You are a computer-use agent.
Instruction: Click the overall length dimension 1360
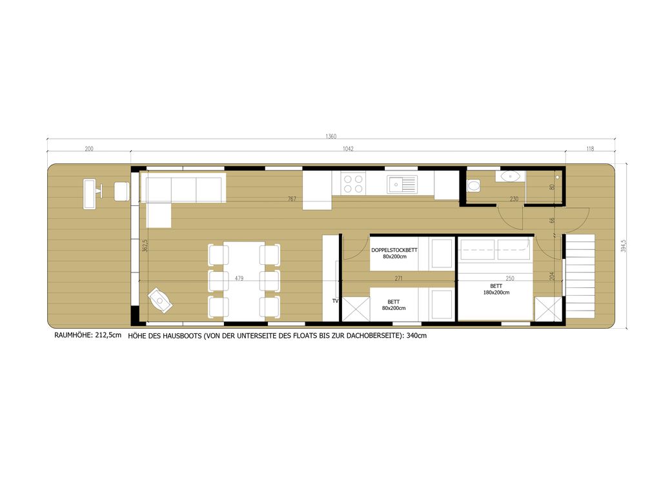(x=331, y=136)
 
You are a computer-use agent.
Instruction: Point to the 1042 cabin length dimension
(x=348, y=149)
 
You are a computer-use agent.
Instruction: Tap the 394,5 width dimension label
(x=623, y=246)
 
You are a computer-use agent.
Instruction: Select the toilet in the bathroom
(x=473, y=185)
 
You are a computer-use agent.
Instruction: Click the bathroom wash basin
(x=509, y=176)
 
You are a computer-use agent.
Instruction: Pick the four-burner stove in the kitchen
(x=353, y=184)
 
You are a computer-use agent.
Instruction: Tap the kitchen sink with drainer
(x=402, y=184)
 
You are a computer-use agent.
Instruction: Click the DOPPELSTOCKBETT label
(x=394, y=250)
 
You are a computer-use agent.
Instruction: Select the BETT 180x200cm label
(x=496, y=289)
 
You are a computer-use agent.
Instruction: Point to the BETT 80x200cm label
(x=394, y=305)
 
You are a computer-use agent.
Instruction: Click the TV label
(x=336, y=301)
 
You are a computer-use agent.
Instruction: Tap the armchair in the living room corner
(x=160, y=300)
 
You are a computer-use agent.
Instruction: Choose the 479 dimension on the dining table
(x=239, y=278)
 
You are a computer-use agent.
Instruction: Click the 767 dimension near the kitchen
(x=292, y=199)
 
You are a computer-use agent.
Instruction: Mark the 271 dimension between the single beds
(x=398, y=278)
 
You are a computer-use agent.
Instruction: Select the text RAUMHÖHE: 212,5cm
(x=88, y=335)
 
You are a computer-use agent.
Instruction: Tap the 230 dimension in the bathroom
(x=514, y=199)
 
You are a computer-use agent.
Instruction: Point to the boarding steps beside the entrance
(x=579, y=265)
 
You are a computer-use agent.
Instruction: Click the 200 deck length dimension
(x=89, y=149)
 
